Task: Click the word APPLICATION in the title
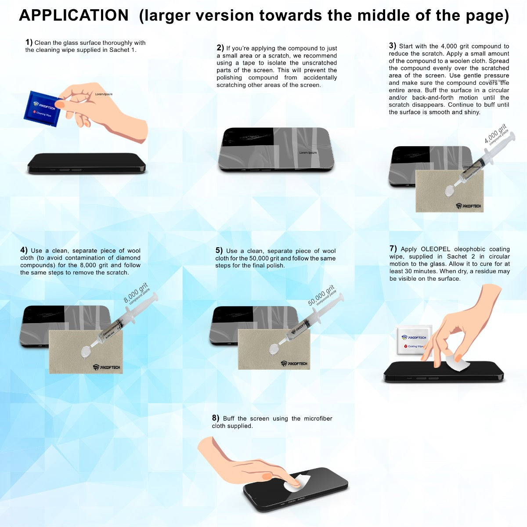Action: pos(74,15)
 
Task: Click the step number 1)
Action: pos(29,42)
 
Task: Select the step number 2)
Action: pos(220,48)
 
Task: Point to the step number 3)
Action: pos(393,46)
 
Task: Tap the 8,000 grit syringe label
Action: pos(137,293)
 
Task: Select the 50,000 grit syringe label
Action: pos(321,296)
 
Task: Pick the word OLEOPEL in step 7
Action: pos(436,249)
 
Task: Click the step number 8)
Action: pos(216,418)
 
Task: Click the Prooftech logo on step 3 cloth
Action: pos(468,206)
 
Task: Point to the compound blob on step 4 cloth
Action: pos(85,350)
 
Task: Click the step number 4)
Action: pos(24,250)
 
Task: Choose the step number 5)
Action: pos(219,250)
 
